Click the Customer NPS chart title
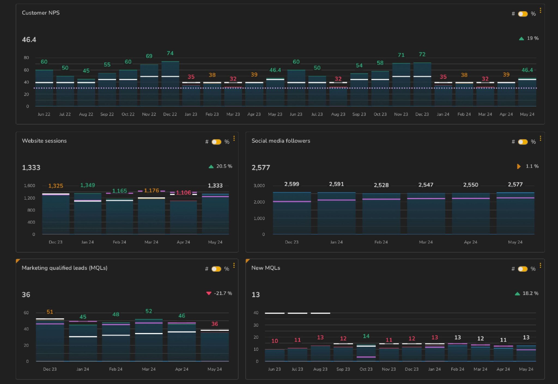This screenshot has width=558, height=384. (41, 13)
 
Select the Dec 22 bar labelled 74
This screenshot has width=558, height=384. (170, 85)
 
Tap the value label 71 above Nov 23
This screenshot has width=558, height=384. (401, 55)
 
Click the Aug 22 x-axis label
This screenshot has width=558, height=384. (86, 114)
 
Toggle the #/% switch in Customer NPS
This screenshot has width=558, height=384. (523, 14)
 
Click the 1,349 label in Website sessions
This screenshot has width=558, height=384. (87, 185)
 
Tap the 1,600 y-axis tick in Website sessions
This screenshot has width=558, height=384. (29, 186)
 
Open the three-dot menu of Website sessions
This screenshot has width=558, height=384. (234, 139)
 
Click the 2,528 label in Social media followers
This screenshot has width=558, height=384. (381, 185)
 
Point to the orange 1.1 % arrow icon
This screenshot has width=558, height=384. (518, 166)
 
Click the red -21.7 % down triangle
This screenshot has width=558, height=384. (209, 293)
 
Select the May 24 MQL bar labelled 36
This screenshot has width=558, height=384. (214, 346)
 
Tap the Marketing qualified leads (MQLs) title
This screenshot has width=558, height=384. (64, 268)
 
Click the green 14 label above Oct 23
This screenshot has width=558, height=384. (366, 336)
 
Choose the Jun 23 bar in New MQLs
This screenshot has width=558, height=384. (274, 355)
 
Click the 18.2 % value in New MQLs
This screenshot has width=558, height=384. (530, 293)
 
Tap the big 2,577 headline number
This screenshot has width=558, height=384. (260, 167)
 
